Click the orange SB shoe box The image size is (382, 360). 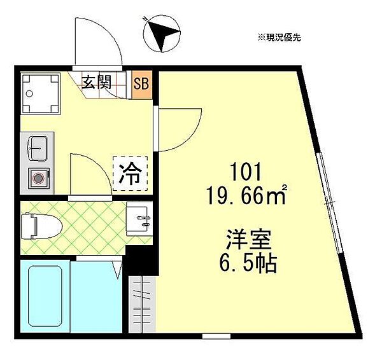pos(142,85)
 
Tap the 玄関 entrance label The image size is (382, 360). pos(97,82)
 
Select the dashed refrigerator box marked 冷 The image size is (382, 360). pos(131,173)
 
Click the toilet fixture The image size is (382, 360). pos(41,226)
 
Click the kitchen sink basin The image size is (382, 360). pos(38,148)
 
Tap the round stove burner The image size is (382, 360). pos(38,179)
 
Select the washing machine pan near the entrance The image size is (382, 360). pos(41,94)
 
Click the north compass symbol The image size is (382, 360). pos(162,34)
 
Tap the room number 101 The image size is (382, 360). pos(246,172)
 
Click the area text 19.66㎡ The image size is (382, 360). pos(246,195)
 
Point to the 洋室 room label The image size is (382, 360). pos(248,239)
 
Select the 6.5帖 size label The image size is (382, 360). pos(248,264)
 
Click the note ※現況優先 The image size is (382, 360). pos(279,38)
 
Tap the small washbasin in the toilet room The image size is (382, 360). pos(138,219)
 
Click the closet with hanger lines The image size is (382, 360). pos(142,304)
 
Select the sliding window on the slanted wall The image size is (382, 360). pos(330,203)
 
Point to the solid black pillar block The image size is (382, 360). pos(142,260)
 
